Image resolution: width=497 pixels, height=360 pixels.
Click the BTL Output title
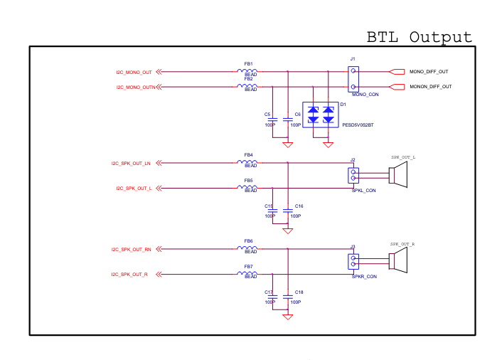419,37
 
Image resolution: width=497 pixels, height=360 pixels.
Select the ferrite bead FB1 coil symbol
247,71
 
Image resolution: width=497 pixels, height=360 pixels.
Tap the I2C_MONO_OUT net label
134,73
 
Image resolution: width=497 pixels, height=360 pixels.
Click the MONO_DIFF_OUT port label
429,72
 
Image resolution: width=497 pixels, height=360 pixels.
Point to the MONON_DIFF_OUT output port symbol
397,87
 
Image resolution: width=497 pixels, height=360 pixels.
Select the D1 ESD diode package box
321,115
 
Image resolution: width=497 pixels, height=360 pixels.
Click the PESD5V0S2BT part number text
358,125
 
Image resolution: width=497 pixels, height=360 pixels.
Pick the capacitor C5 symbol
272,120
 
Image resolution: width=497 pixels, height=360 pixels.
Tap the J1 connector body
353,79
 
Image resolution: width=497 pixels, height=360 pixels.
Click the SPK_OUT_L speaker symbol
398,175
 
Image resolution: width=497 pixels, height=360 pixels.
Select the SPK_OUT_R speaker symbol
398,260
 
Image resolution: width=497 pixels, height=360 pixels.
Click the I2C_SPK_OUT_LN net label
131,164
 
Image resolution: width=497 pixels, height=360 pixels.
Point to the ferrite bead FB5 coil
247,187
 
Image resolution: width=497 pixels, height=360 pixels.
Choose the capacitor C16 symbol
288,211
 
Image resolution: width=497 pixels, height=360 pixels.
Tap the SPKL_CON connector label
363,191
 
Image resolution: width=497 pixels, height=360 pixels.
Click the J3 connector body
353,262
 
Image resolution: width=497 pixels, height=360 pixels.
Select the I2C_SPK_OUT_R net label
129,275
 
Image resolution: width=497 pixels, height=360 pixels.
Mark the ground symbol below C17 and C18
288,317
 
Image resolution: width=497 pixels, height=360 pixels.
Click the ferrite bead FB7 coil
247,273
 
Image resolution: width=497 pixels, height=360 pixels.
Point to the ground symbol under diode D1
328,145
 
